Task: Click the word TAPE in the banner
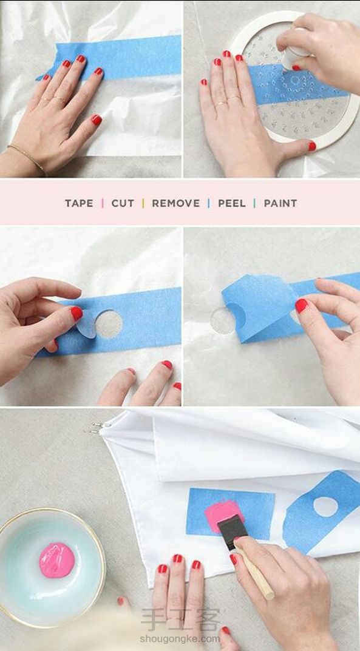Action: [x=79, y=203]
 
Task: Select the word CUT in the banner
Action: [x=123, y=203]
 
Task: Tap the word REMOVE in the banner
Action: [x=175, y=203]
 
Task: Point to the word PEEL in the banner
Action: [x=232, y=203]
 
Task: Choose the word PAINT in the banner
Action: [x=280, y=203]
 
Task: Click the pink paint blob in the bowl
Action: [x=57, y=560]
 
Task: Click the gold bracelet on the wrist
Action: [x=27, y=158]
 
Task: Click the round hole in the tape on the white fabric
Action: [x=325, y=507]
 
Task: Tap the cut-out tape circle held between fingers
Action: [x=87, y=324]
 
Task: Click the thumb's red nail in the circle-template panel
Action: [x=312, y=146]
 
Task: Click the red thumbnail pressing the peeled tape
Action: [x=302, y=306]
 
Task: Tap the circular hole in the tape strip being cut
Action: [x=109, y=323]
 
